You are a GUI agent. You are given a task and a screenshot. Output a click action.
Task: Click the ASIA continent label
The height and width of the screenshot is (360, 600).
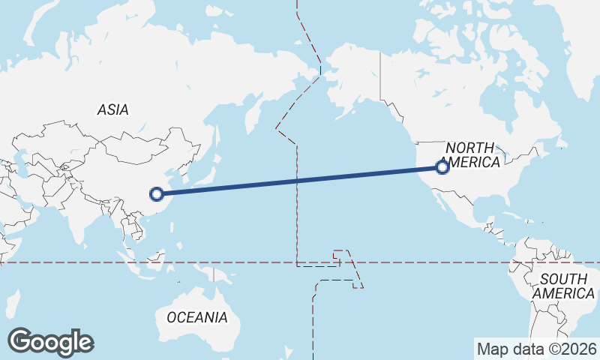(113, 109)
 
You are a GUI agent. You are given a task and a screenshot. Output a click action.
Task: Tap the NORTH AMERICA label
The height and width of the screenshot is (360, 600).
(471, 155)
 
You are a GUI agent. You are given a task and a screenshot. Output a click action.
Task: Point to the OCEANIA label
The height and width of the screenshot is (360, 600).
(197, 317)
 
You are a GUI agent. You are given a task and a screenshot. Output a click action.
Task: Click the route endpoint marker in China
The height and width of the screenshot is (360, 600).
(157, 194)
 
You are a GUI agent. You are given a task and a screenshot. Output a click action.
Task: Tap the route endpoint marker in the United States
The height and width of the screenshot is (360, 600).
(442, 167)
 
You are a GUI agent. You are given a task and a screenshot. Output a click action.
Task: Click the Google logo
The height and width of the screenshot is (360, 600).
(50, 342)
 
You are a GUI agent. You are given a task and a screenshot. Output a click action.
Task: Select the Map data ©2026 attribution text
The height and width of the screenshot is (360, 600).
(537, 349)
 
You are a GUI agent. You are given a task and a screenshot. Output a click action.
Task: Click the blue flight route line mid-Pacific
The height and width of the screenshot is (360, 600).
(300, 181)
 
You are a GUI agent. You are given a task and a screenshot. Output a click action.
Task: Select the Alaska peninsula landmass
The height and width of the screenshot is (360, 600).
(352, 82)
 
